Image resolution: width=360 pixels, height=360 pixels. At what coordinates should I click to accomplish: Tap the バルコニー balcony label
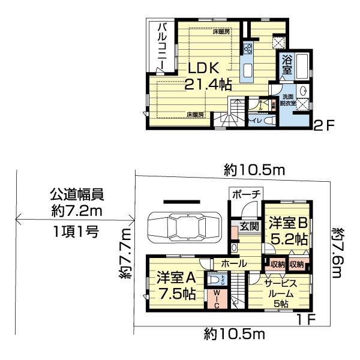163,44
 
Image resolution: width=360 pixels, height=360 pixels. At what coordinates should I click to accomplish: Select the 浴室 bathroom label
287,64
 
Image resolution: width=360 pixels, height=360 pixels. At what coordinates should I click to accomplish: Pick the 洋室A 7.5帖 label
176,286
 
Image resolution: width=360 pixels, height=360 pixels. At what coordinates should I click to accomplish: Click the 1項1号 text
75,230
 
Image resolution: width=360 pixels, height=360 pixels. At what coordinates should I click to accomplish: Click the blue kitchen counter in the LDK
247,67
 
